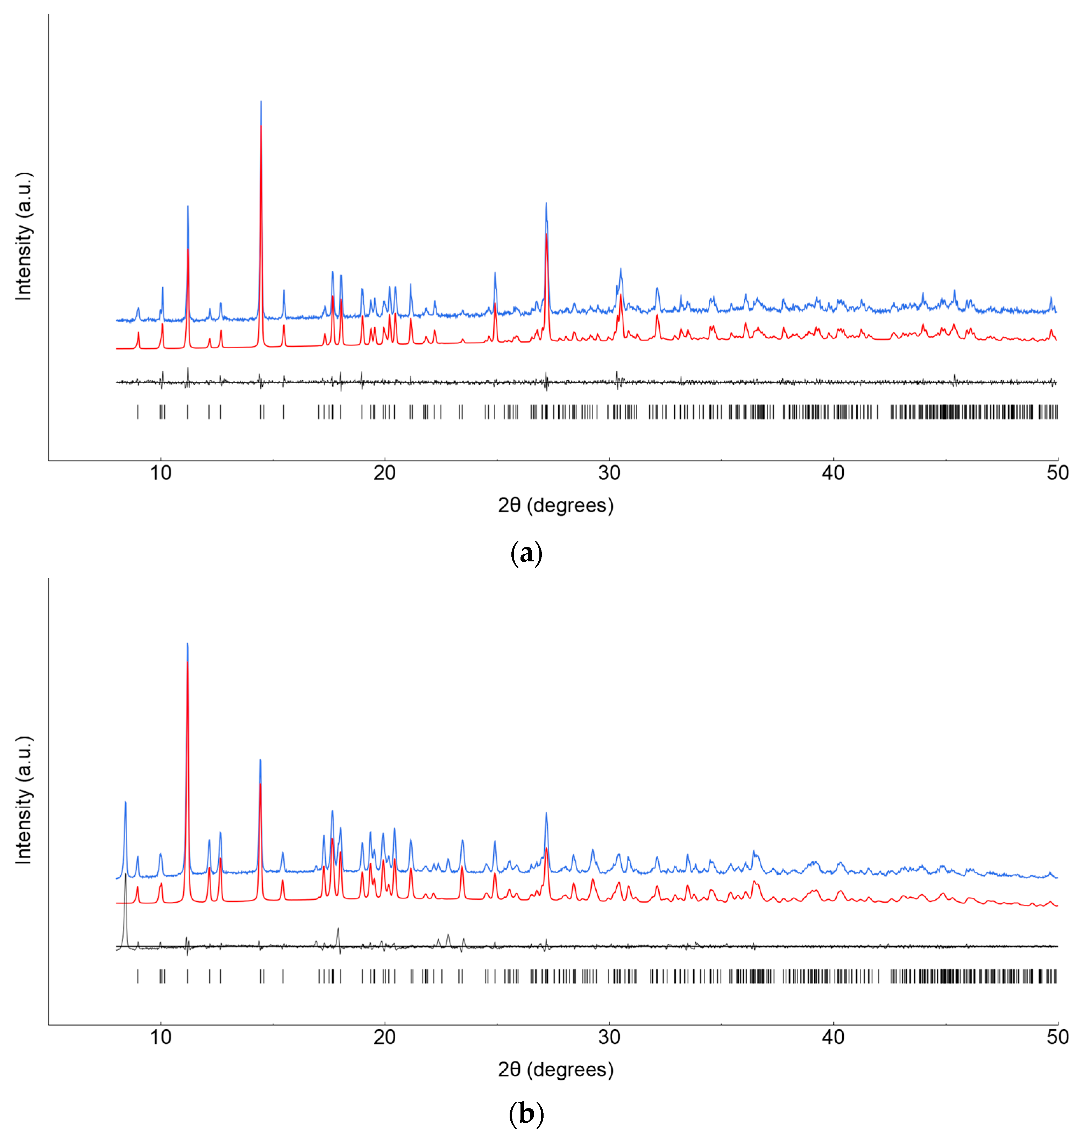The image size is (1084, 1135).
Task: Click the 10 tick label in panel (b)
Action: coord(161,1037)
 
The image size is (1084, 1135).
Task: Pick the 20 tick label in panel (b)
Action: coord(384,1037)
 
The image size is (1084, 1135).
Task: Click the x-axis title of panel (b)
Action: coord(555,1070)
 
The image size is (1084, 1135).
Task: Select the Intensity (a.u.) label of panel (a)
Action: coord(23,236)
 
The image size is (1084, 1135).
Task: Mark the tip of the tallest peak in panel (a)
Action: coord(261,102)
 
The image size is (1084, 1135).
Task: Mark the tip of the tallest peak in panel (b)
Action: coord(187,644)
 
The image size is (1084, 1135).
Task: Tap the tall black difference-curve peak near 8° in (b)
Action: coord(125,875)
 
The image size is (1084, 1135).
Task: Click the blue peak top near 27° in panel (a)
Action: coord(546,204)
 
